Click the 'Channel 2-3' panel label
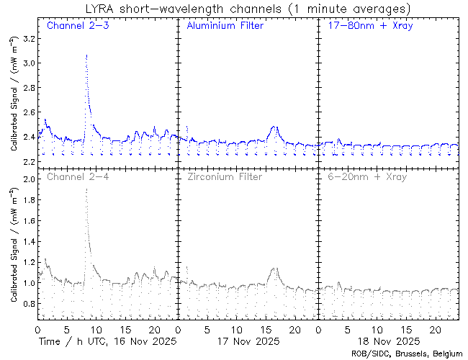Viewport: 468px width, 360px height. coord(75,26)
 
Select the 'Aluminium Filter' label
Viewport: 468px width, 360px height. coord(225,26)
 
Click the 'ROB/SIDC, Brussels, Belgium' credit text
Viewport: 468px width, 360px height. coord(405,353)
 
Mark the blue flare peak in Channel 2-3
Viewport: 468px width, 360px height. coord(86,55)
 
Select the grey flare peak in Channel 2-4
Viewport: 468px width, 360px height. coord(86,189)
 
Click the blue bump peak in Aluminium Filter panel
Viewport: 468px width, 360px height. coord(274,127)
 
